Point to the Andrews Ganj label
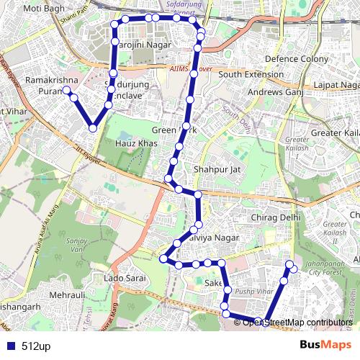[x=273, y=92]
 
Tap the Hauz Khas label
[x=136, y=144]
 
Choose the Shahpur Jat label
[x=212, y=169]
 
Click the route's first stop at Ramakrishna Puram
[x=66, y=90]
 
